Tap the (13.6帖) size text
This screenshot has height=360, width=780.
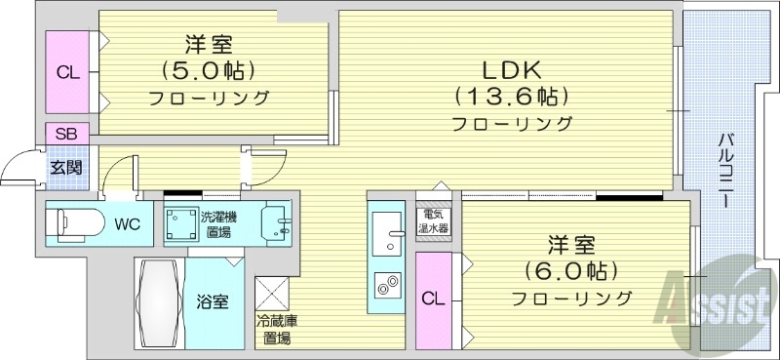(x=509, y=97)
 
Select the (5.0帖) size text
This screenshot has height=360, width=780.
(x=209, y=70)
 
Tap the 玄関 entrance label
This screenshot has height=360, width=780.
(x=66, y=167)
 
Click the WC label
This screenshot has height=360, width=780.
(x=127, y=224)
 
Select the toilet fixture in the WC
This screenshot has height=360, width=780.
(x=76, y=223)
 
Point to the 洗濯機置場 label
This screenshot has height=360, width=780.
(x=216, y=224)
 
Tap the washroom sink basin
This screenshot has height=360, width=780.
(x=280, y=223)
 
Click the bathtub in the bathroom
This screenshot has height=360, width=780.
(x=159, y=301)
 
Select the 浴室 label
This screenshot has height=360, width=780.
(x=214, y=301)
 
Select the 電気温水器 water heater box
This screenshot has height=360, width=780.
(x=434, y=220)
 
